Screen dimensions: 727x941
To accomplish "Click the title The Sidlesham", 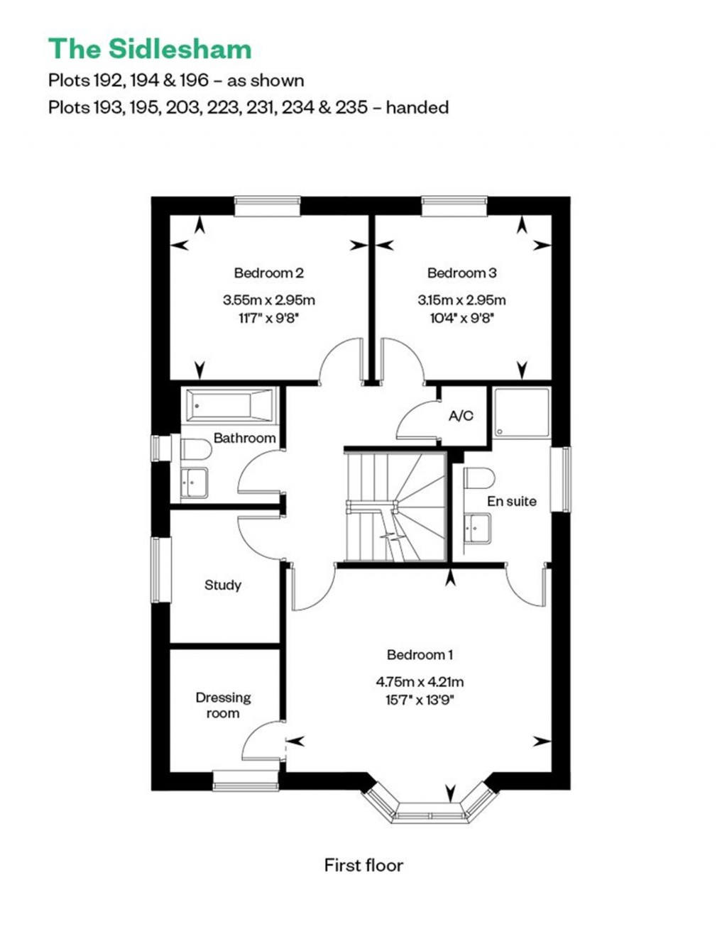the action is click(x=150, y=48).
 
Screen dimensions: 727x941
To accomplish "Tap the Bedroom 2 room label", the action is click(x=268, y=273).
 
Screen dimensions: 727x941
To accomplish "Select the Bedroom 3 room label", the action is click(x=462, y=273).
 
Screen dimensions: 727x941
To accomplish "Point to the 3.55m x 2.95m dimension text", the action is click(x=268, y=299).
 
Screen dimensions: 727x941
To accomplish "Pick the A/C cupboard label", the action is click(x=461, y=416).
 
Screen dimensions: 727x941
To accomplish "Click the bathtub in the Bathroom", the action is click(x=231, y=405).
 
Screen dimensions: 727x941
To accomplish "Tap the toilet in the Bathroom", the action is click(x=195, y=449).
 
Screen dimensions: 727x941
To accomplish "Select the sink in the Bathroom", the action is click(x=194, y=483).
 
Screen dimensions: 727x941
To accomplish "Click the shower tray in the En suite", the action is click(x=522, y=412).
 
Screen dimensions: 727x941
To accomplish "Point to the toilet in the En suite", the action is click(x=479, y=478).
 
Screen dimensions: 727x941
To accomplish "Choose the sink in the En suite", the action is click(x=477, y=528).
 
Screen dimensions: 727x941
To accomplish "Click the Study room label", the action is click(x=223, y=585).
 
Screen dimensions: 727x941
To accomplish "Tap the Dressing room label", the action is click(x=223, y=705).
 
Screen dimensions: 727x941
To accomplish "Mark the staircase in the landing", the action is click(x=395, y=507).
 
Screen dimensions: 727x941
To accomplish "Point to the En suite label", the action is click(x=512, y=501).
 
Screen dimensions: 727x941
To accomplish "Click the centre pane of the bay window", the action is click(x=431, y=815).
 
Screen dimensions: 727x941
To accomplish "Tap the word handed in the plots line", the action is click(x=417, y=107).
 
